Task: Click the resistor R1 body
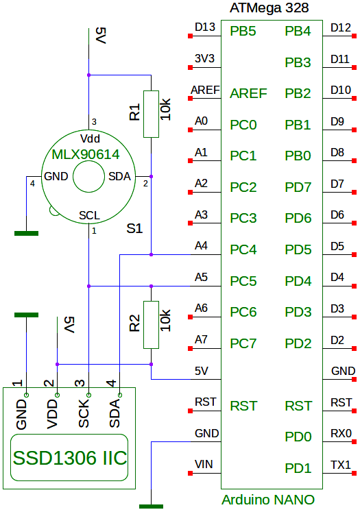click(x=152, y=114)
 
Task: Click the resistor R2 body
click(x=152, y=325)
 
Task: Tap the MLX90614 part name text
click(x=86, y=154)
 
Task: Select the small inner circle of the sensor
click(x=88, y=177)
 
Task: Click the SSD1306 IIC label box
click(x=69, y=457)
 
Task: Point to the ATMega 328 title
click(x=269, y=8)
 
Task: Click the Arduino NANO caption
click(x=268, y=500)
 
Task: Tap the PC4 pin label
click(x=243, y=249)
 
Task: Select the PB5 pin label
click(x=243, y=32)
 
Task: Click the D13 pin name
click(x=205, y=27)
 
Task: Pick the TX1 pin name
click(x=341, y=465)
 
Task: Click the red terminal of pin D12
click(x=354, y=36)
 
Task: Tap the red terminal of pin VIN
click(x=190, y=473)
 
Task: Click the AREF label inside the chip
click(x=248, y=94)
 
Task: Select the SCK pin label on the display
click(x=84, y=413)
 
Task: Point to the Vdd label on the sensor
click(x=90, y=138)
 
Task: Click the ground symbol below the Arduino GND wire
click(x=151, y=507)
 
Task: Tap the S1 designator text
click(x=134, y=228)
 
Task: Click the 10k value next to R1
click(x=166, y=109)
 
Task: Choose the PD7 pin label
click(x=298, y=187)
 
